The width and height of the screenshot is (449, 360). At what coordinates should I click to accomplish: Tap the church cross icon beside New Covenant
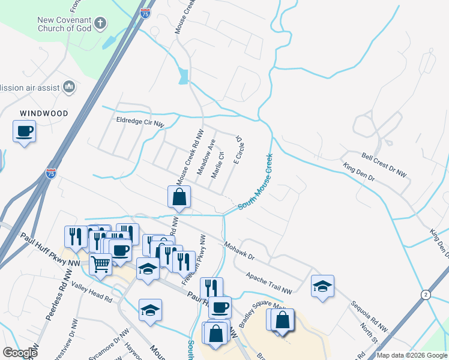100,24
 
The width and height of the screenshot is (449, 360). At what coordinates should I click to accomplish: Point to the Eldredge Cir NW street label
140,122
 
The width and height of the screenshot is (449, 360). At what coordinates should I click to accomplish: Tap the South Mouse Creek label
256,181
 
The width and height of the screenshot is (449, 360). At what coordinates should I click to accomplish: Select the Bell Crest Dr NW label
384,164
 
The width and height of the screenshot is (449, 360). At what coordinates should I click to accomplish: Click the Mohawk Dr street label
240,251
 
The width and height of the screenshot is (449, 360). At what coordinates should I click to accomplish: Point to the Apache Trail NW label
268,283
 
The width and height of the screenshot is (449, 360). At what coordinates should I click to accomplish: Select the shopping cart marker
100,263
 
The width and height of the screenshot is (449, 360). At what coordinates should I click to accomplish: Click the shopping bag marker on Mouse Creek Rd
179,197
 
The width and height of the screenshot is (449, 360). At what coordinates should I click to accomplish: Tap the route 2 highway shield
426,295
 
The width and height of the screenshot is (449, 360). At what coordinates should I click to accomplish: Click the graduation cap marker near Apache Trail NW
322,286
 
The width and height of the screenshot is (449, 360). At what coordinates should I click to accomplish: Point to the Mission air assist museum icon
68,88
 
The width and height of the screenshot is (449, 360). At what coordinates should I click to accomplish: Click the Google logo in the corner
20,353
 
